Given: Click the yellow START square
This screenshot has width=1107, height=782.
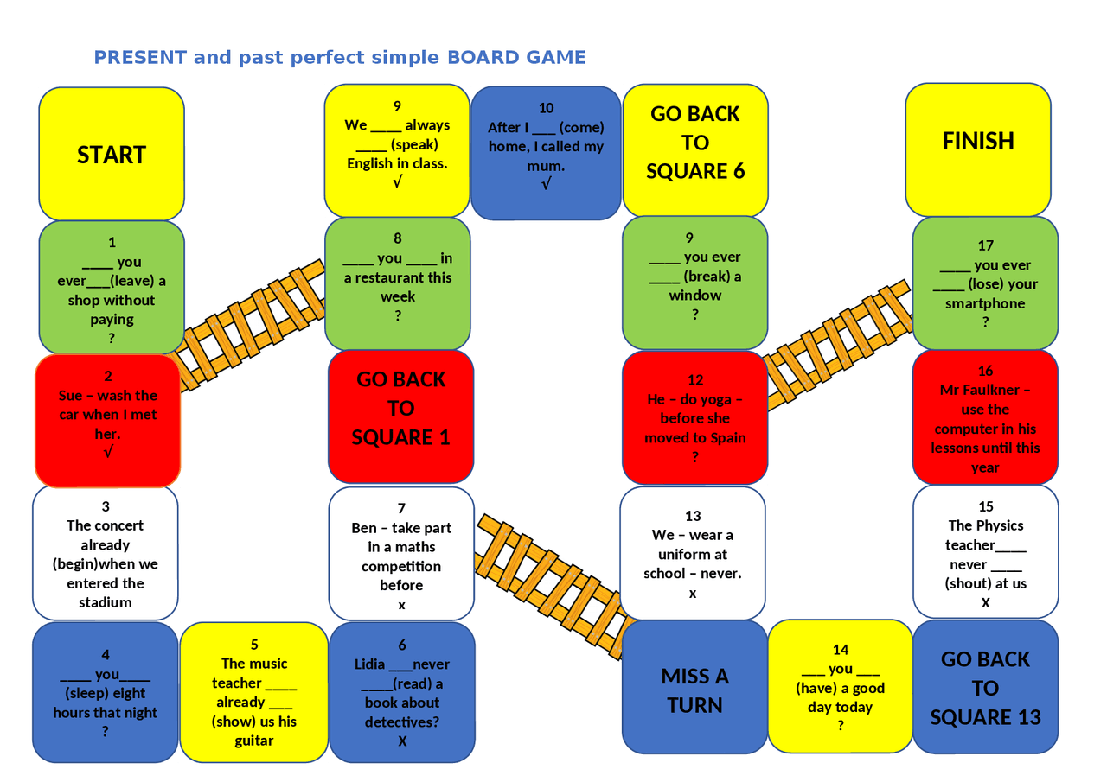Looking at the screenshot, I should click(112, 154).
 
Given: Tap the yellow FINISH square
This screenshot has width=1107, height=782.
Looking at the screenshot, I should click(977, 141).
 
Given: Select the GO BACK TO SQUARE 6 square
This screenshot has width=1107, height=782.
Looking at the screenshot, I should click(695, 143).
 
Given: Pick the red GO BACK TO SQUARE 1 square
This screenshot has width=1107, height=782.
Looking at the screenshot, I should click(400, 408).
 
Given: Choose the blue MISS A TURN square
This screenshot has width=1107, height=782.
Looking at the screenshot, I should click(694, 690).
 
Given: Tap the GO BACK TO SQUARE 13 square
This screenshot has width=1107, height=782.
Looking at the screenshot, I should click(985, 688).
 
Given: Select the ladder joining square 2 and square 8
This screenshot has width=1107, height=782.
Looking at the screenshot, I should click(251, 324).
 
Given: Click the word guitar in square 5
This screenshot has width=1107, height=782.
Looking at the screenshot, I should click(254, 741).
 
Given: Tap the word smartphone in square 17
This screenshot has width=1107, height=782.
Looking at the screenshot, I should click(985, 303).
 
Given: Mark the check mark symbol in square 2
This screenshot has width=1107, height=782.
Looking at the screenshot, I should click(108, 452).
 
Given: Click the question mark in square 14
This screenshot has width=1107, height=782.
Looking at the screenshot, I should click(840, 726).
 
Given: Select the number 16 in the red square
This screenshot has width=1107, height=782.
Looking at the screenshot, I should click(985, 371).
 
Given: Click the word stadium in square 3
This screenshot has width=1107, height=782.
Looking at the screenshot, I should click(106, 602).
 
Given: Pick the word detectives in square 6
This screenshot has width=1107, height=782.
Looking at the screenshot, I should click(402, 722).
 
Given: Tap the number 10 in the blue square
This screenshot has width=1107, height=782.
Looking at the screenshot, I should click(546, 108).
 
